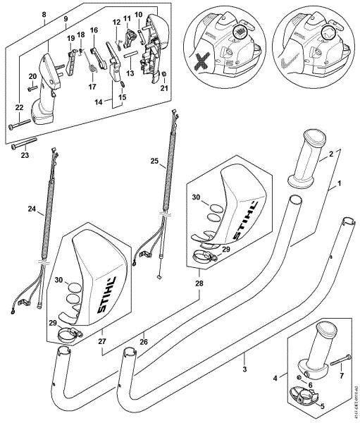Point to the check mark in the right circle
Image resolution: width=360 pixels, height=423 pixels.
(x=287, y=65)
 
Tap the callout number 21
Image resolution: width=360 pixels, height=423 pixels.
(x=163, y=90)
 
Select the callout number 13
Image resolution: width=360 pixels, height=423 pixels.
(x=129, y=72)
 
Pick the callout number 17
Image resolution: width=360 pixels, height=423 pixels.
(x=92, y=87)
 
